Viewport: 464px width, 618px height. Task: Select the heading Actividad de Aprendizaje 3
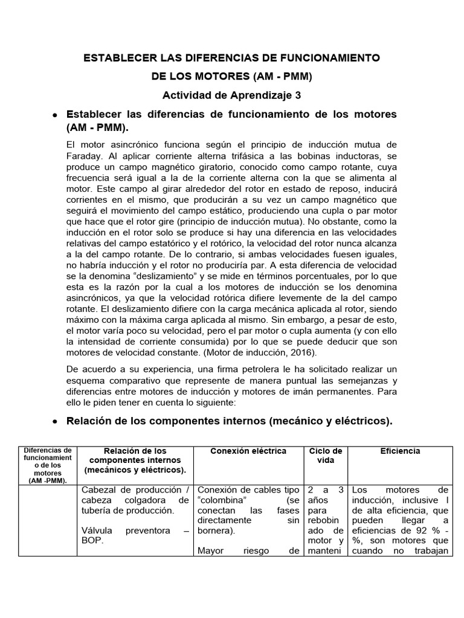point(231,95)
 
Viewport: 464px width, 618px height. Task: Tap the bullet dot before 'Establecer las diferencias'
point(55,115)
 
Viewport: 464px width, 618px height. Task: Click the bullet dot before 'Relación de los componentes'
point(55,422)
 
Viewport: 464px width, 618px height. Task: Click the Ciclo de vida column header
point(326,456)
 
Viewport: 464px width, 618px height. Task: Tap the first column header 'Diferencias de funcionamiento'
point(47,465)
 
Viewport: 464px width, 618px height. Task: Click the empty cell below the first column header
point(47,521)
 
